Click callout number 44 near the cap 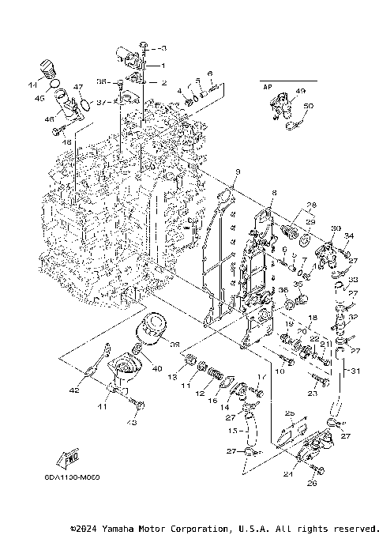[x=33, y=84]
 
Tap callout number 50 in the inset [x=308, y=106]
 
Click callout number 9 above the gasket [x=237, y=171]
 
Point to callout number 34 [x=349, y=235]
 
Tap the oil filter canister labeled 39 [x=149, y=326]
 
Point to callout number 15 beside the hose [x=232, y=431]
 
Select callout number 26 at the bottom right [x=311, y=484]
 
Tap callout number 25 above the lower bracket [x=290, y=413]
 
